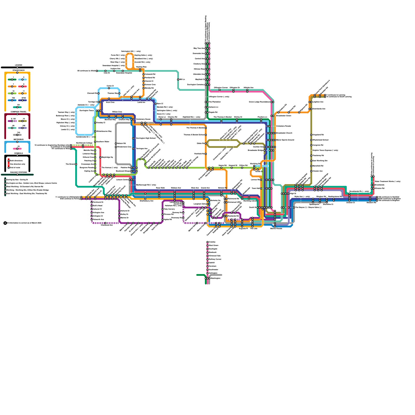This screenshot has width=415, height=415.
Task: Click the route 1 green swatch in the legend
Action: pyautogui.click(x=12, y=80)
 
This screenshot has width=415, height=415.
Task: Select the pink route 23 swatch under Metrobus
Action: pyautogui.click(x=17, y=149)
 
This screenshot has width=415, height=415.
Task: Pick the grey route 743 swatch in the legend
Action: pyautogui.click(x=17, y=135)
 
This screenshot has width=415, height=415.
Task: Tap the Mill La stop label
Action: pyautogui.click(x=182, y=79)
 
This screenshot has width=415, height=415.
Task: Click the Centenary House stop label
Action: pyautogui.click(x=143, y=119)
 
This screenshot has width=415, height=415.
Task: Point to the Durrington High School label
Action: pyautogui.click(x=146, y=138)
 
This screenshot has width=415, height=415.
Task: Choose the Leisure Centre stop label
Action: pyautogui.click(x=122, y=179)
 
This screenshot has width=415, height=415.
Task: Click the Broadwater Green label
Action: pyautogui.click(x=283, y=116)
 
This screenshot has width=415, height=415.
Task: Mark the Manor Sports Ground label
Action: pyautogui.click(x=285, y=140)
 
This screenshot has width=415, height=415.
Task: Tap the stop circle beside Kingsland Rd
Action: pyautogui.click(x=311, y=135)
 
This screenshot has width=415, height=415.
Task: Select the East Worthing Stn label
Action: pyautogui.click(x=320, y=161)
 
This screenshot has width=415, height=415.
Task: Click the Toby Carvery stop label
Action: pyautogui.click(x=169, y=209)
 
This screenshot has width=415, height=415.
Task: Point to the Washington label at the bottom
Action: pyautogui.click(x=215, y=278)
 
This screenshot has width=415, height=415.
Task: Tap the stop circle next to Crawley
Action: pyautogui.click(x=208, y=242)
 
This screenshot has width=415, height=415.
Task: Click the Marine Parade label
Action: pyautogui.click(x=276, y=229)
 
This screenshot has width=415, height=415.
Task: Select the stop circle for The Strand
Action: pyautogui.click(x=76, y=164)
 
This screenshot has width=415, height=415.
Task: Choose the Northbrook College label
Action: pyautogui.click(x=84, y=143)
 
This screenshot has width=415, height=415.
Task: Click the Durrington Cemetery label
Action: pyautogui.click(x=196, y=85)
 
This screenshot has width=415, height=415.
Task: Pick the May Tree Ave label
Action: pyautogui.click(x=199, y=48)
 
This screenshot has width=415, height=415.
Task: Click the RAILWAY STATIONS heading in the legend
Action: pyautogui.click(x=18, y=172)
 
